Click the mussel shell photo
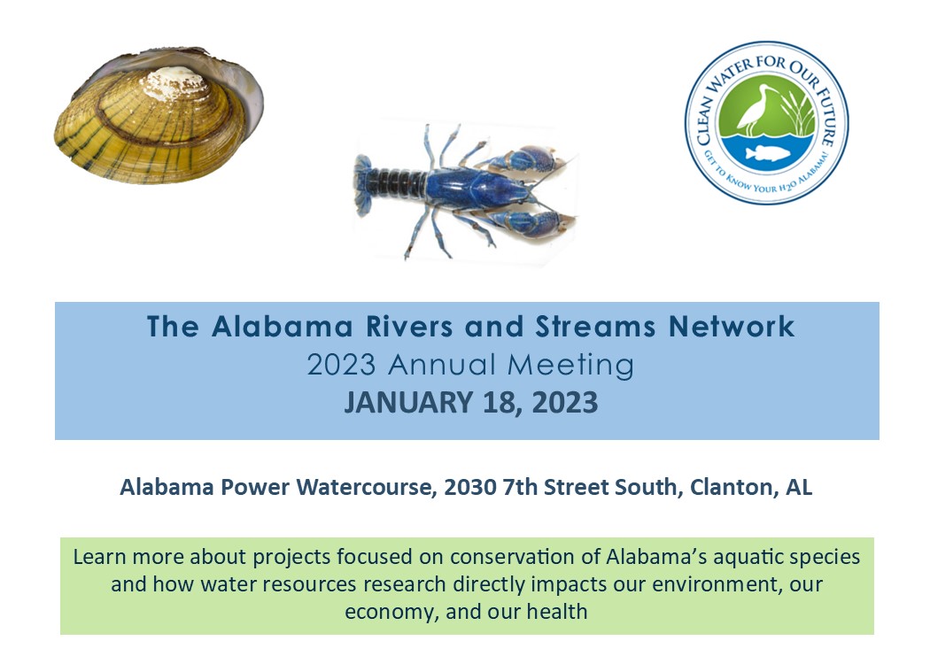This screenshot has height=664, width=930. click(159, 116)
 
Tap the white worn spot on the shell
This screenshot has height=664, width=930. click(176, 82)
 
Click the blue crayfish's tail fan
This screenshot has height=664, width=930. click(363, 184)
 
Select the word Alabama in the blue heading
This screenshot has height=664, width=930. click(283, 326)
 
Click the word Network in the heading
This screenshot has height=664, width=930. click(732, 326)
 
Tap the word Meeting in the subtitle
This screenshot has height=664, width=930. click(570, 365)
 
